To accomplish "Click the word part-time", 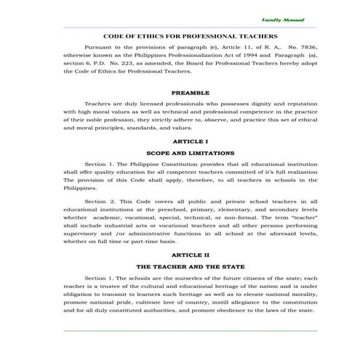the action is click(x=161, y=241).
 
